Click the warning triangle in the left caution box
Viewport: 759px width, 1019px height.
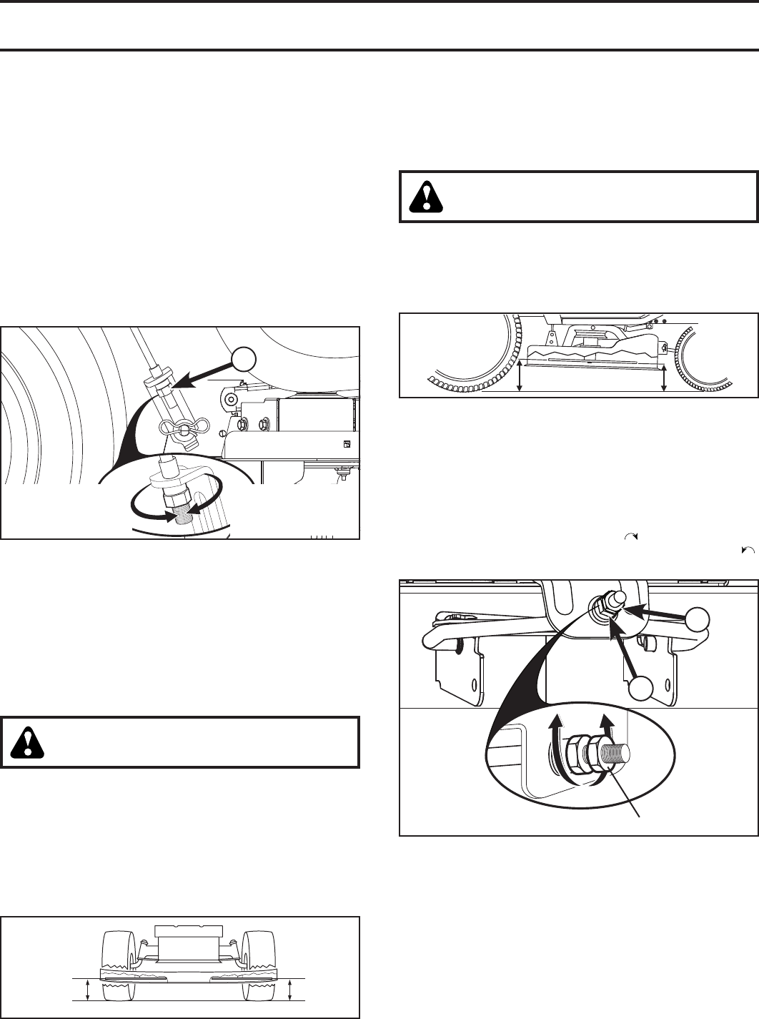pos(28,742)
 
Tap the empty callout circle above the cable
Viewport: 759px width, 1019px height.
pos(246,361)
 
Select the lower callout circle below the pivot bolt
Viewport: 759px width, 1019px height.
pos(643,689)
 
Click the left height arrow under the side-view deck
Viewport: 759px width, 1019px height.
pos(520,377)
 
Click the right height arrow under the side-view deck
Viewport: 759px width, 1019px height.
pos(665,378)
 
